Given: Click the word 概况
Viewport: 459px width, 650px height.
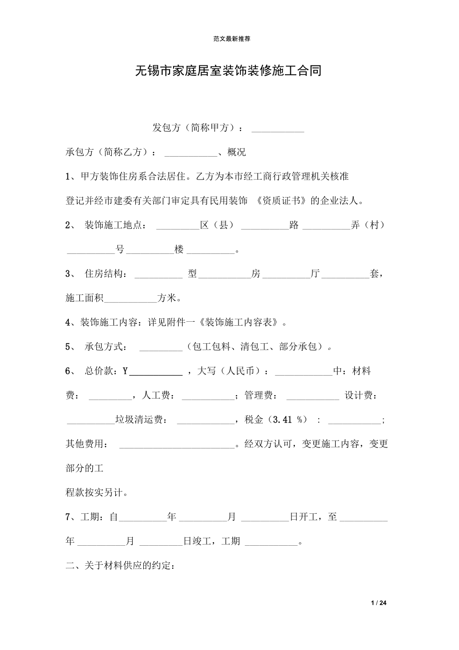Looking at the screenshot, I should (x=236, y=153).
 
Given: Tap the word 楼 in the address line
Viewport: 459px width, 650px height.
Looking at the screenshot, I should (x=179, y=250).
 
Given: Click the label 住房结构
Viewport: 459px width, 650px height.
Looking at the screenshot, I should (x=106, y=274).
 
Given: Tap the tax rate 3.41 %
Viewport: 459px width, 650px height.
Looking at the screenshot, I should (x=287, y=420).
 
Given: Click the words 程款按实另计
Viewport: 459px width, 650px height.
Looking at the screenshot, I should (x=97, y=493).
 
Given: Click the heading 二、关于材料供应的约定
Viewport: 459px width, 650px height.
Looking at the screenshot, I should (x=120, y=566).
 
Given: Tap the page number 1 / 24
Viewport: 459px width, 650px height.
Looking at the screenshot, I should (x=380, y=603).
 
